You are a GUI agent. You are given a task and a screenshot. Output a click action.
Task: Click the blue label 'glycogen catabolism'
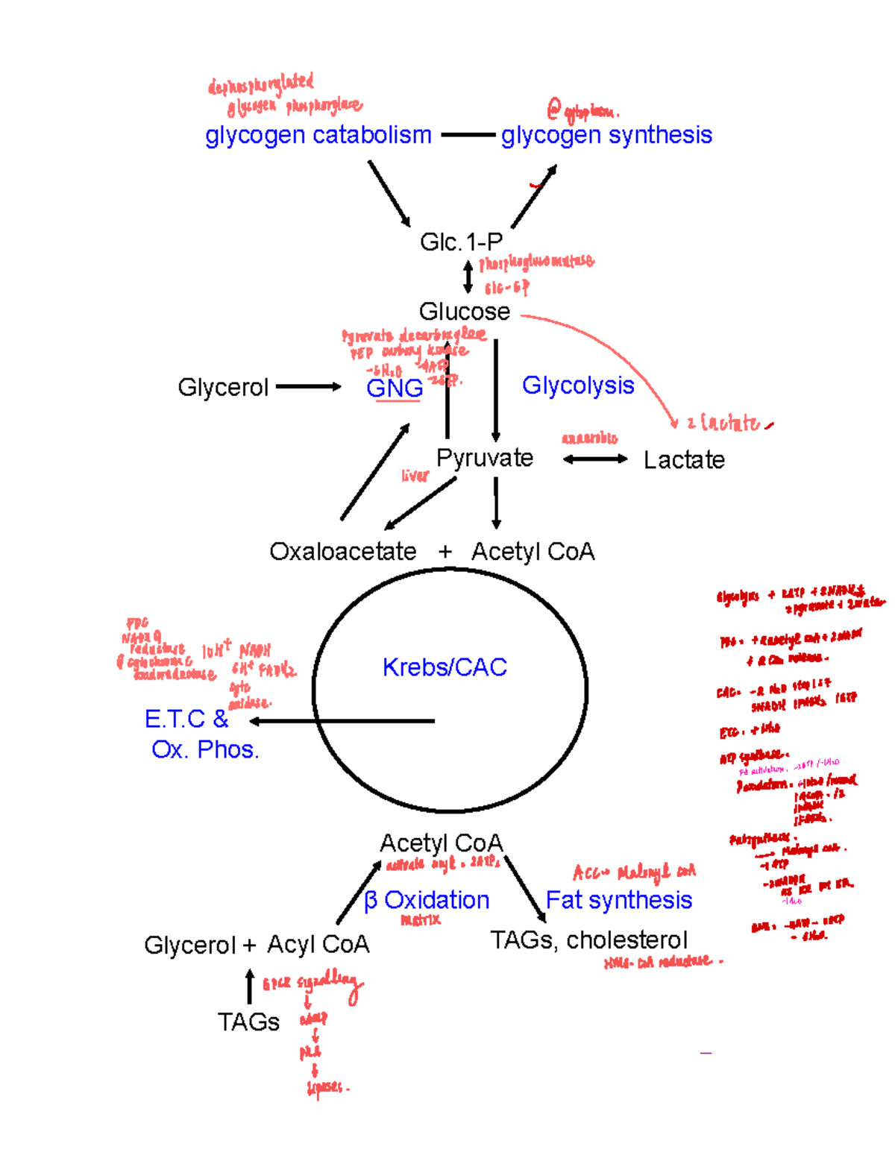click(318, 136)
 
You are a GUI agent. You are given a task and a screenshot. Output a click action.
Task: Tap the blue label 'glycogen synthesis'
click(606, 136)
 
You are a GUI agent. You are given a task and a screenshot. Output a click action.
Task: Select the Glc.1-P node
click(461, 242)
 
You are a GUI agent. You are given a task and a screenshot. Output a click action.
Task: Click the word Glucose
click(464, 311)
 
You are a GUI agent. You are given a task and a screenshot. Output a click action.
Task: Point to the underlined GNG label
click(395, 388)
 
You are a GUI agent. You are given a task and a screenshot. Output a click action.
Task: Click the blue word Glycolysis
click(578, 385)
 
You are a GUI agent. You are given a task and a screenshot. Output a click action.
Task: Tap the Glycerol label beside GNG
click(222, 387)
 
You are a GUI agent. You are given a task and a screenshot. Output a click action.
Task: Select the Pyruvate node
click(485, 458)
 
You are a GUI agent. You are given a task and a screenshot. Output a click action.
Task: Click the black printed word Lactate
click(684, 460)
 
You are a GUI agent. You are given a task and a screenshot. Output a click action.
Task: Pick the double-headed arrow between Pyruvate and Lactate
click(595, 459)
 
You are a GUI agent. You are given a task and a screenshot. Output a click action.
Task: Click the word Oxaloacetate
click(342, 552)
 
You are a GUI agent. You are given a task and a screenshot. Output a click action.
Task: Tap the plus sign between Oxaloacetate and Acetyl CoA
click(445, 552)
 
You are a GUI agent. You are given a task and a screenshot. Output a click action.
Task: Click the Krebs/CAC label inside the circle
click(445, 667)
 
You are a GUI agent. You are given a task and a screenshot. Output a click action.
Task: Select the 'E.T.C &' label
click(186, 719)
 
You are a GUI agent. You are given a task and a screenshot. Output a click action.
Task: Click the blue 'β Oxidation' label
click(427, 900)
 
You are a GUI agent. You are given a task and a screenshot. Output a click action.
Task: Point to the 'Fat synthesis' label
click(619, 900)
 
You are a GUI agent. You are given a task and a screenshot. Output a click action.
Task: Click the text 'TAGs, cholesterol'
click(588, 940)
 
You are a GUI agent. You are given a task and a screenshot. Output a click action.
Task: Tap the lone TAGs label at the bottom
click(248, 1022)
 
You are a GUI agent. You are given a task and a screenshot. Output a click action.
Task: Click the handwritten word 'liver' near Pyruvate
click(415, 476)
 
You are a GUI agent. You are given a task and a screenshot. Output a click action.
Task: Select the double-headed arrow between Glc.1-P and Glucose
click(468, 277)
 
